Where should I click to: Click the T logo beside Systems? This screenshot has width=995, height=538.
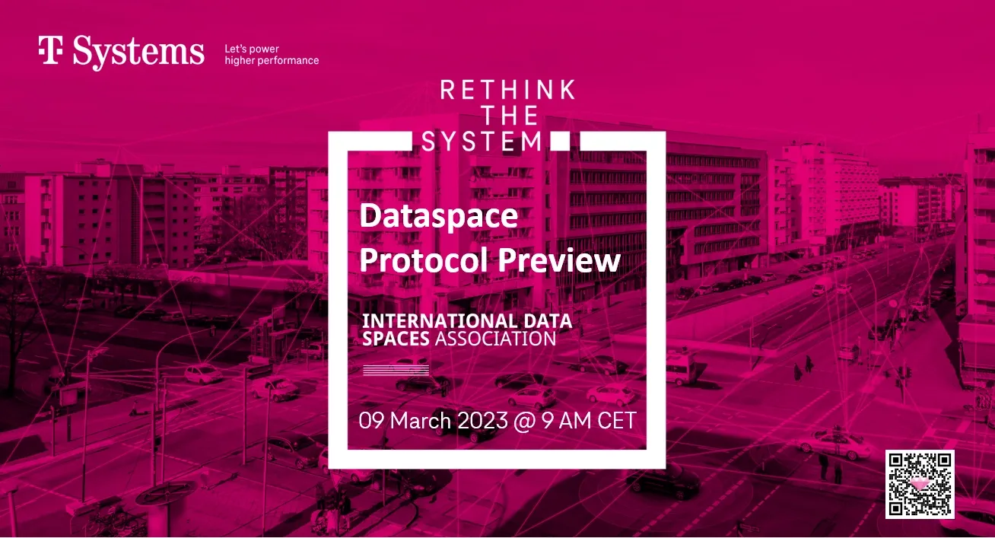tap(50, 50)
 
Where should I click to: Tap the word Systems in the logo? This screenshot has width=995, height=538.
tap(138, 53)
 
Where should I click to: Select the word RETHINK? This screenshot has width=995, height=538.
tap(507, 90)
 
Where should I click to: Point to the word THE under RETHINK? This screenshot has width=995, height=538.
tap(510, 116)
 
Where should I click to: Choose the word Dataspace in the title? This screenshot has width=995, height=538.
tap(438, 216)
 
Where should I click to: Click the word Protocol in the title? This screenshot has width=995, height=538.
tap(423, 260)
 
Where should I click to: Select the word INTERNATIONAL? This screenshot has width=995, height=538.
tap(440, 321)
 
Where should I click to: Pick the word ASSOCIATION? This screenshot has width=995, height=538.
tap(495, 339)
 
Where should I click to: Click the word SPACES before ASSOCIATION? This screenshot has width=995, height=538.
tap(396, 339)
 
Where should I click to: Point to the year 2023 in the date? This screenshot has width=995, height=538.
tap(482, 420)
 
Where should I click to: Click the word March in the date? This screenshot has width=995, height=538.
tap(420, 420)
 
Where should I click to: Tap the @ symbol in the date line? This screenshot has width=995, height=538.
tap(524, 421)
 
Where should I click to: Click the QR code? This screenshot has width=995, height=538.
tap(920, 484)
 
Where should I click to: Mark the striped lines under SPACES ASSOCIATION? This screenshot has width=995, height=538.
tap(396, 370)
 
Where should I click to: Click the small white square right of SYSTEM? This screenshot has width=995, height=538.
tap(560, 142)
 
